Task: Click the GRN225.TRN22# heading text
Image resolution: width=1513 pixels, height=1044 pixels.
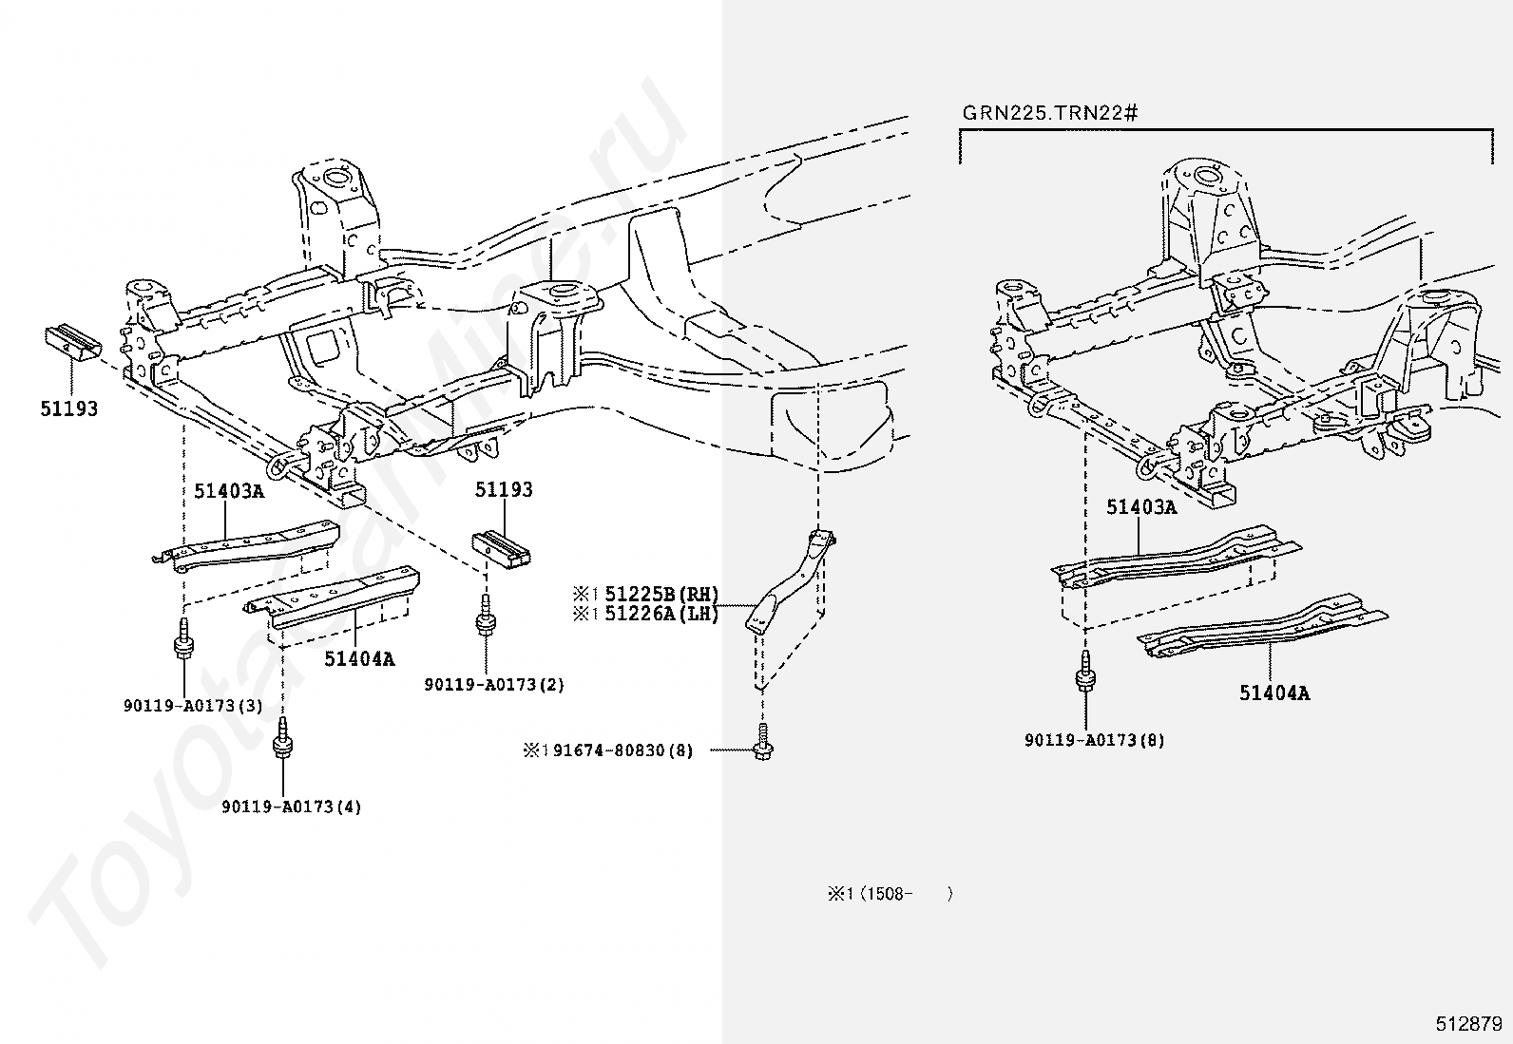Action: (1049, 113)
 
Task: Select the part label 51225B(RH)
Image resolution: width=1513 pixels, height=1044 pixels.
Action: (661, 594)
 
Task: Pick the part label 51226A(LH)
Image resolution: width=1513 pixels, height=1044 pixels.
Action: (661, 614)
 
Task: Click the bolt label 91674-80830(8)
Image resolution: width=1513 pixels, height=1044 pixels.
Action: (622, 750)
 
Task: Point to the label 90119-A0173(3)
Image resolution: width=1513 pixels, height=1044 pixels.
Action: (193, 706)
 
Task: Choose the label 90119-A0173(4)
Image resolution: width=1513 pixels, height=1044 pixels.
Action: (291, 807)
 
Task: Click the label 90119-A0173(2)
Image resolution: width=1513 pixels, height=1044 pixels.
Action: (494, 684)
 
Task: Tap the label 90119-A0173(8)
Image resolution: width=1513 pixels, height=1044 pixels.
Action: (1094, 740)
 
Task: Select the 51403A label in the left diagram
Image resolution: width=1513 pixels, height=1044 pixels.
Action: (229, 491)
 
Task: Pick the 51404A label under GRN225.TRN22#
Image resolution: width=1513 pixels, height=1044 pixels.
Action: (1274, 693)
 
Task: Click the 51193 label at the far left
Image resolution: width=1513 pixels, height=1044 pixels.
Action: (68, 408)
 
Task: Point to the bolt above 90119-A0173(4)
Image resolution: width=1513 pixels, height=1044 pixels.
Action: (282, 736)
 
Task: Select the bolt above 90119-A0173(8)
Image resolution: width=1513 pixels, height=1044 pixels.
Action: (1084, 671)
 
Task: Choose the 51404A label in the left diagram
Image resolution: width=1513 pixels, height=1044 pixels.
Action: (359, 658)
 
